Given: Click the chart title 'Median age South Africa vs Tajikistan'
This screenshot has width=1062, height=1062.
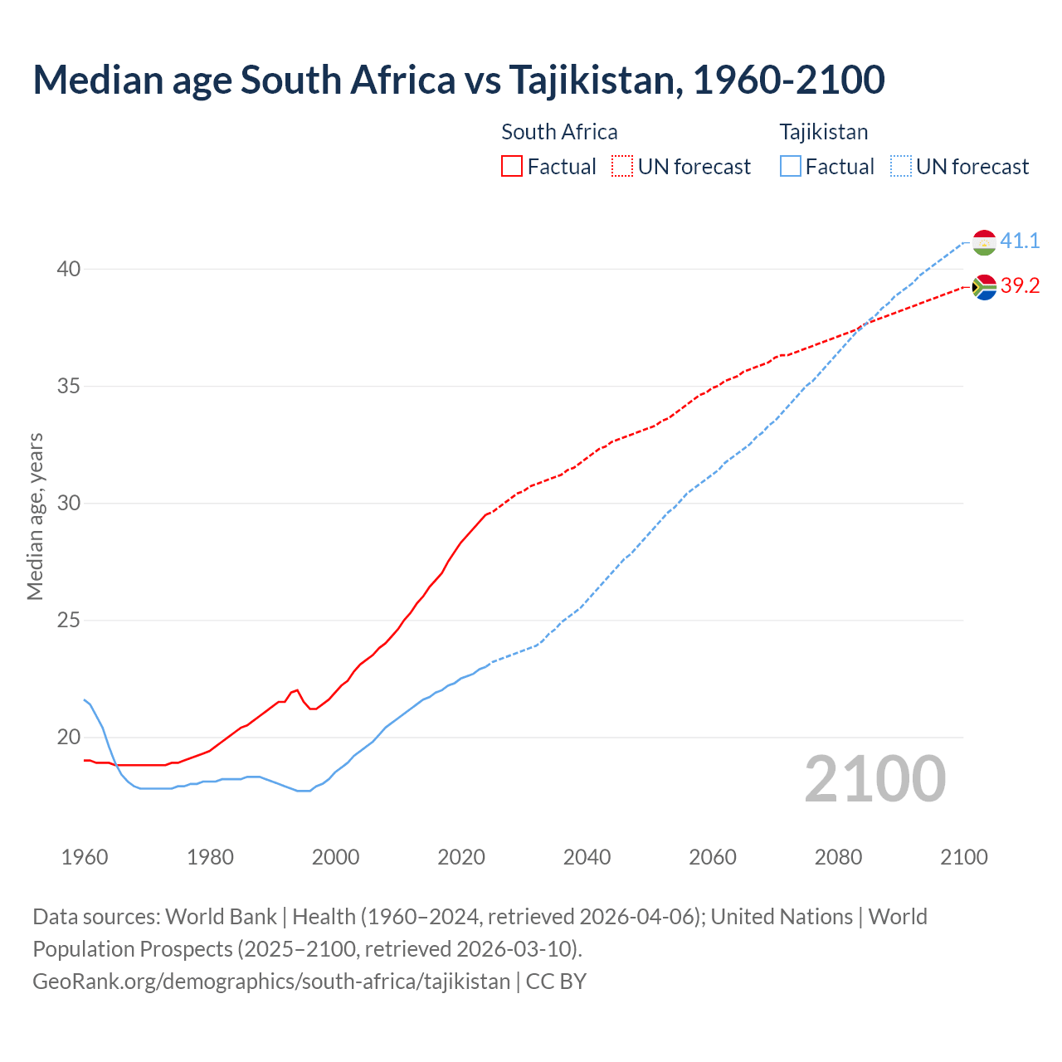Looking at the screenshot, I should click(458, 80).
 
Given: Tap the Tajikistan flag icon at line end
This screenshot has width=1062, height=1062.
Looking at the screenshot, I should click(984, 242).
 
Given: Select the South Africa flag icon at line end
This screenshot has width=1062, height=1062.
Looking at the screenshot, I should click(984, 287).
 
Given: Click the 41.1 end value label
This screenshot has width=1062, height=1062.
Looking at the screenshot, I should click(1020, 241).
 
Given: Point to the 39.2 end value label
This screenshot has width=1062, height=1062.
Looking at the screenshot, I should click(1020, 286).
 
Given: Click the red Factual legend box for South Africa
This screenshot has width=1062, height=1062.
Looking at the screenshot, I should click(512, 167).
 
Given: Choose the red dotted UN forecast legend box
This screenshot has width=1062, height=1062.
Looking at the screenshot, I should click(622, 167).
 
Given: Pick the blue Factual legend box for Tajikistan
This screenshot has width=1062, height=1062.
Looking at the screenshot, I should click(791, 167).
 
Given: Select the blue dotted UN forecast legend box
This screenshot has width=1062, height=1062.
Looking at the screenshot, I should click(900, 167).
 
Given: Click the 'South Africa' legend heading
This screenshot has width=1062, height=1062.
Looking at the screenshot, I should click(559, 132).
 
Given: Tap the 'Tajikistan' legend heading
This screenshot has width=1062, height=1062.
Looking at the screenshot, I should click(823, 132).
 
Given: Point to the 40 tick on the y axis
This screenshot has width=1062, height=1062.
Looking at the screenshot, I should click(69, 270).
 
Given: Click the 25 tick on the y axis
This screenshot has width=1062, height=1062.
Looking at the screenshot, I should click(69, 621).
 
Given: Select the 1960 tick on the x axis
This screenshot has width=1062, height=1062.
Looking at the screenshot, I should click(85, 857).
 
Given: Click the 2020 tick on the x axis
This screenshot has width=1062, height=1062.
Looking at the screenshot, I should click(461, 857).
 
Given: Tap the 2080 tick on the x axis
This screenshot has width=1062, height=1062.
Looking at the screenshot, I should click(838, 857).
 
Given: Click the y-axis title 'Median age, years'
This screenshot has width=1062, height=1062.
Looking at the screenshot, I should click(35, 516).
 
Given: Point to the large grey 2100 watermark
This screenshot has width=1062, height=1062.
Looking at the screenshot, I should click(874, 779).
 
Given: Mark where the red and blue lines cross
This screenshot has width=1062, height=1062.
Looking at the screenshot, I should click(863, 325).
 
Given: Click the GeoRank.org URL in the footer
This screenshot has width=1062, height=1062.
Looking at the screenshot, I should click(271, 982).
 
